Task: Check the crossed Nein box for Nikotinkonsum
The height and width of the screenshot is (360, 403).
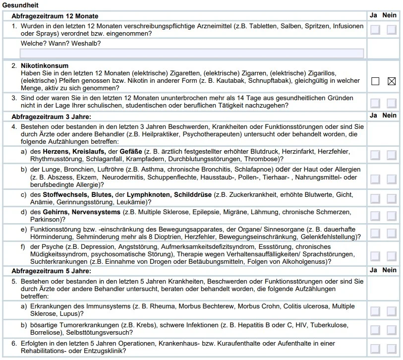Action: pyautogui.click(x=392, y=81)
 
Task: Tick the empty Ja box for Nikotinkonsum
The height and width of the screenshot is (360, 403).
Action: pyautogui.click(x=375, y=81)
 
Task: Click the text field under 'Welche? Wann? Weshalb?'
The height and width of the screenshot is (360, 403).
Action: pyautogui.click(x=191, y=54)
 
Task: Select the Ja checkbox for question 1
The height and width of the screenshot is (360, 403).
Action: pyautogui.click(x=375, y=30)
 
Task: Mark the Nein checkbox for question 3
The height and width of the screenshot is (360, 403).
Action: pyautogui.click(x=392, y=103)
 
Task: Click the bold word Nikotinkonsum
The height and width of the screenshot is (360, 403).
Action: pyautogui.click(x=44, y=66)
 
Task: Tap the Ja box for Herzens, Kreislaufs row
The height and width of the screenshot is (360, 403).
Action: pyautogui.click(x=375, y=155)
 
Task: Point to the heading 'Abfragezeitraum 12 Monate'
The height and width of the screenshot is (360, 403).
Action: pyautogui.click(x=55, y=16)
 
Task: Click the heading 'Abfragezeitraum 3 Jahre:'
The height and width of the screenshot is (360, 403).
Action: pyautogui.click(x=52, y=117)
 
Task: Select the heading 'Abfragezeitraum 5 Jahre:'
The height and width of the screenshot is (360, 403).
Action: pyautogui.click(x=52, y=271)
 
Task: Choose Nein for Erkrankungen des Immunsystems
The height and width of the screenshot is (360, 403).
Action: pyautogui.click(x=392, y=311)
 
